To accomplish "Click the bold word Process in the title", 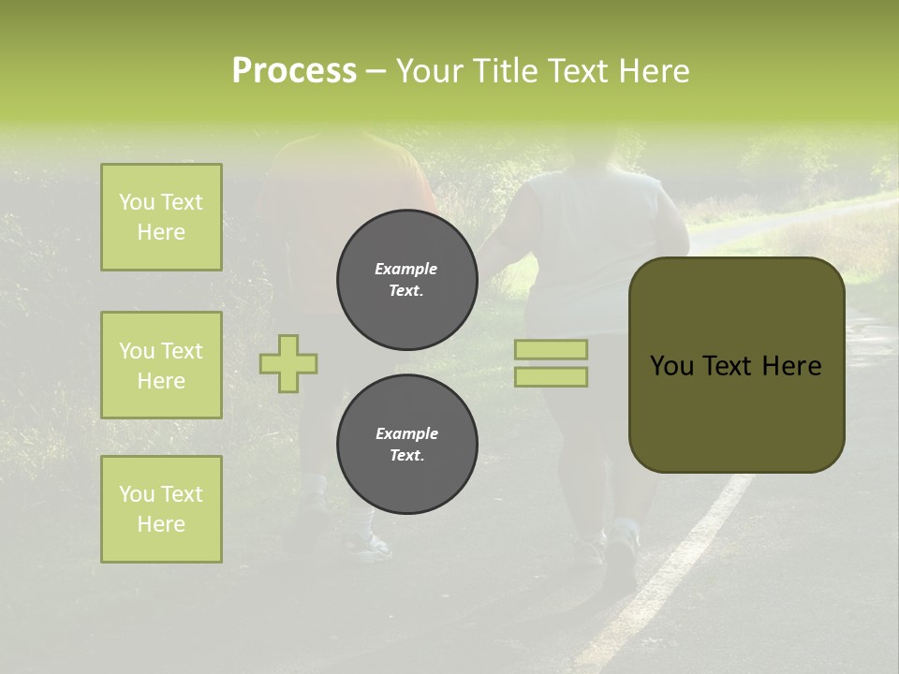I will click(294, 71).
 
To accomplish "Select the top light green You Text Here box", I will click(161, 217).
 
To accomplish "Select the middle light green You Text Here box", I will click(161, 365).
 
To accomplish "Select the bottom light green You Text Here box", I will click(161, 509).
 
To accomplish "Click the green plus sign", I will click(288, 363).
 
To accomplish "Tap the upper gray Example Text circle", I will click(406, 280).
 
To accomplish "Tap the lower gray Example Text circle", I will click(406, 445).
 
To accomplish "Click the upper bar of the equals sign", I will click(552, 349).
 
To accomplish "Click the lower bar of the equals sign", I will click(552, 377).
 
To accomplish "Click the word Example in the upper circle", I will click(406, 269).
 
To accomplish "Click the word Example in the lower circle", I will click(406, 433).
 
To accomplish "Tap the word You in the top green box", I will click(136, 202).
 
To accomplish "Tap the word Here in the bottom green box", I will click(161, 524).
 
